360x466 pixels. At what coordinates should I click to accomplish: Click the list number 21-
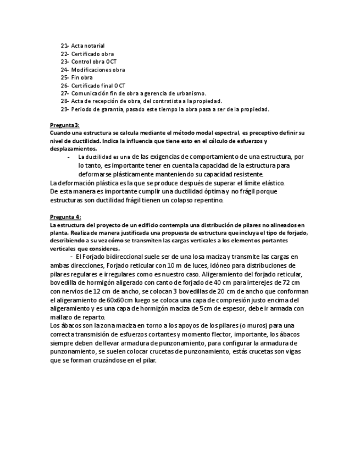click(x=64, y=46)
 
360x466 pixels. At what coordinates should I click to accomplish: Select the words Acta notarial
click(x=88, y=46)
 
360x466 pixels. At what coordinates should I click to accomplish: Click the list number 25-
click(x=64, y=77)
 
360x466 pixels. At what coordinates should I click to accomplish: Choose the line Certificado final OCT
click(x=98, y=86)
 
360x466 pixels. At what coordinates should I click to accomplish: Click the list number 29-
click(x=64, y=109)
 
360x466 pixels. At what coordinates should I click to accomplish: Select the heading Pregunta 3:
click(x=65, y=126)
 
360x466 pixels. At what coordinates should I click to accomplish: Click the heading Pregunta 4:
click(x=65, y=217)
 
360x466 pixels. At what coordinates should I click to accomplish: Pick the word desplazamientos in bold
click(x=73, y=149)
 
